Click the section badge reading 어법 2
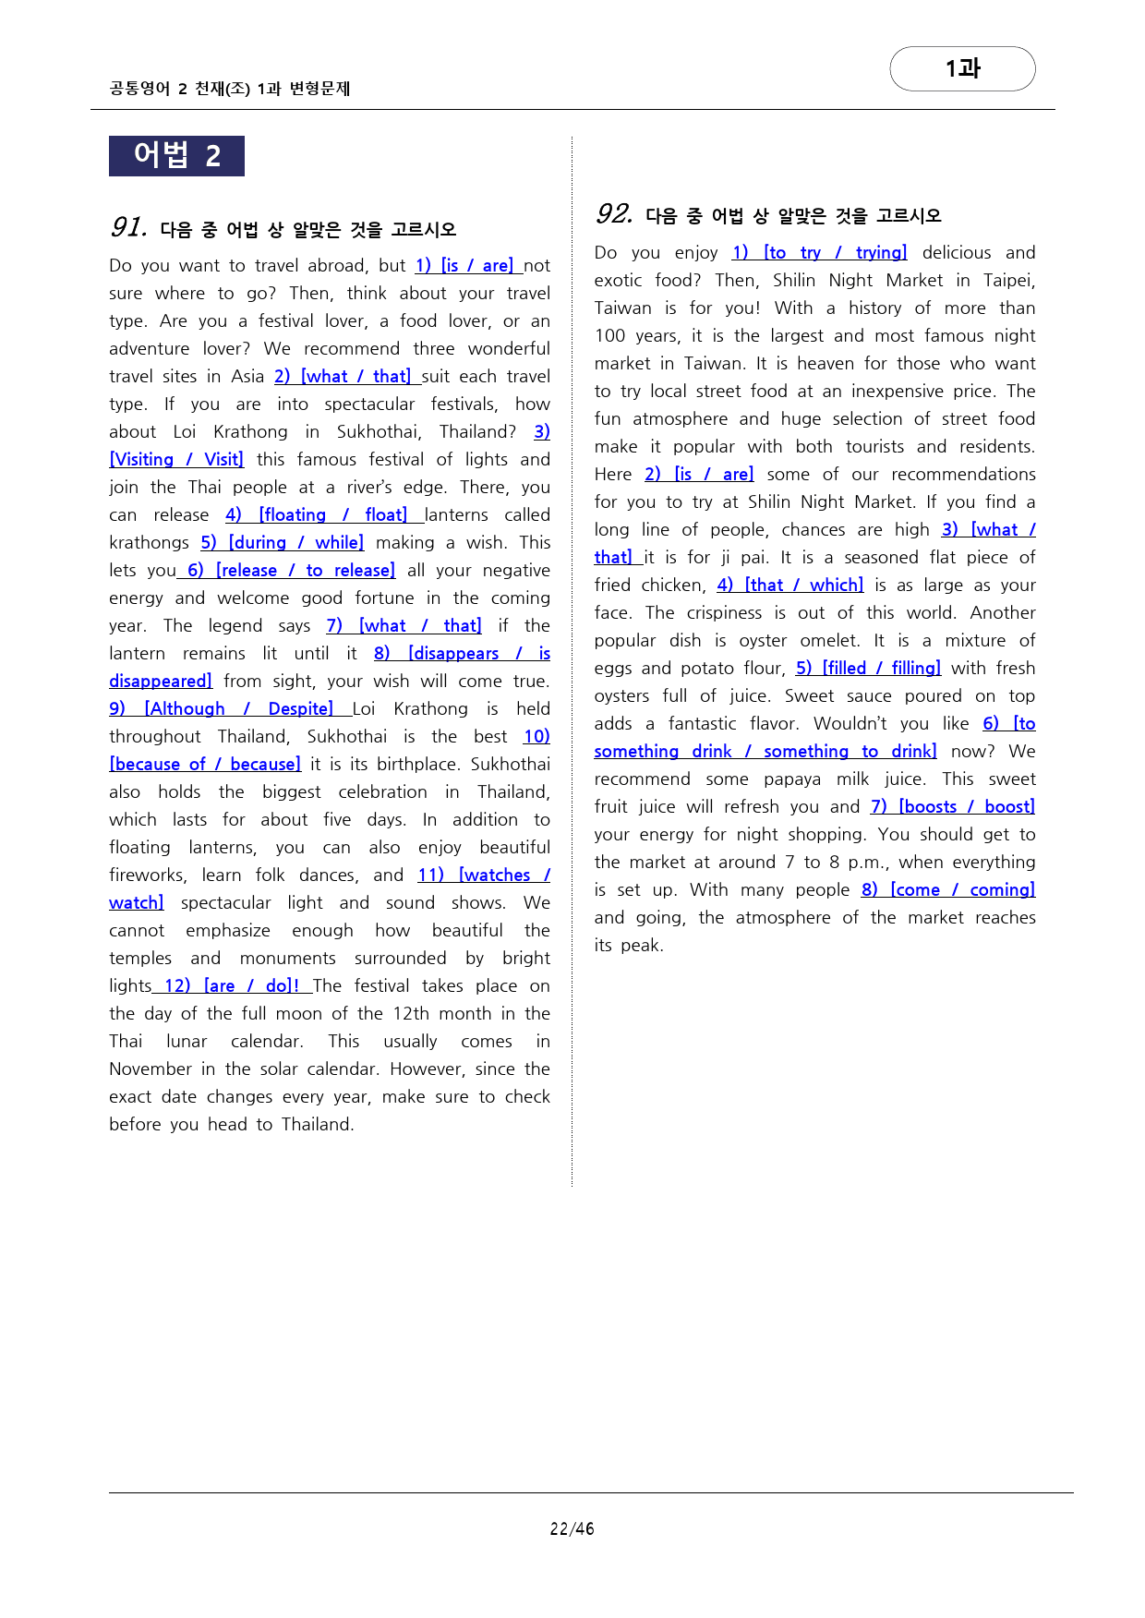tap(176, 156)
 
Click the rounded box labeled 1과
tap(962, 69)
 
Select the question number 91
tap(128, 227)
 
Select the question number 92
tap(614, 214)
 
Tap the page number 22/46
tap(572, 1528)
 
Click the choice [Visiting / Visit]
tap(176, 460)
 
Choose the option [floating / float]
tap(332, 515)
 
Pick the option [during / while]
tap(295, 543)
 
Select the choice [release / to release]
tap(305, 571)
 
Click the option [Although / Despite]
tap(238, 709)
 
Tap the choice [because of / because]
tap(205, 765)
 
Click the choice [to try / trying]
tap(835, 253)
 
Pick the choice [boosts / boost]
tap(966, 807)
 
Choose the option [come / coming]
tap(962, 890)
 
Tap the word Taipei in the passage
tap(1008, 281)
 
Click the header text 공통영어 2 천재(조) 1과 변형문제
tap(230, 89)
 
